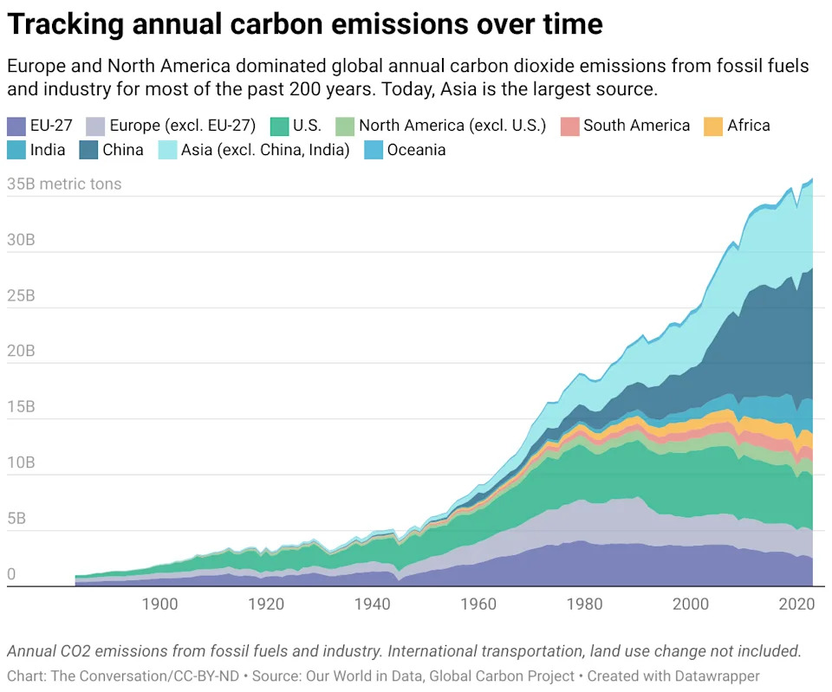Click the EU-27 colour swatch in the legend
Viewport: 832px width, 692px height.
pos(16,126)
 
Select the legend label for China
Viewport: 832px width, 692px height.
pos(122,150)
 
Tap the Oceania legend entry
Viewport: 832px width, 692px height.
pos(416,150)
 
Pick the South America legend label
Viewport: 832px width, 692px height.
pos(636,126)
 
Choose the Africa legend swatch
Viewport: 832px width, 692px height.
pos(713,126)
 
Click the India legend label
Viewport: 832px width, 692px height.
pos(48,150)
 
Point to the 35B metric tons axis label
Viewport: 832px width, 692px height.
pos(64,184)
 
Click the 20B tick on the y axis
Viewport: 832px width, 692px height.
pos(23,352)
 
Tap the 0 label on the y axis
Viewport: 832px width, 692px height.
pos(11,574)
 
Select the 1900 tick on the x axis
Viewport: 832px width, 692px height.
pos(159,603)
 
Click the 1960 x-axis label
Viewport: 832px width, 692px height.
pos(479,603)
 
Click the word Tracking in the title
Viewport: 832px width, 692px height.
pos(66,24)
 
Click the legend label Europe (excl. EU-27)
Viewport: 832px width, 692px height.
pos(182,126)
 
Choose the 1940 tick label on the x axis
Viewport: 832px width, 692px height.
pos(373,603)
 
